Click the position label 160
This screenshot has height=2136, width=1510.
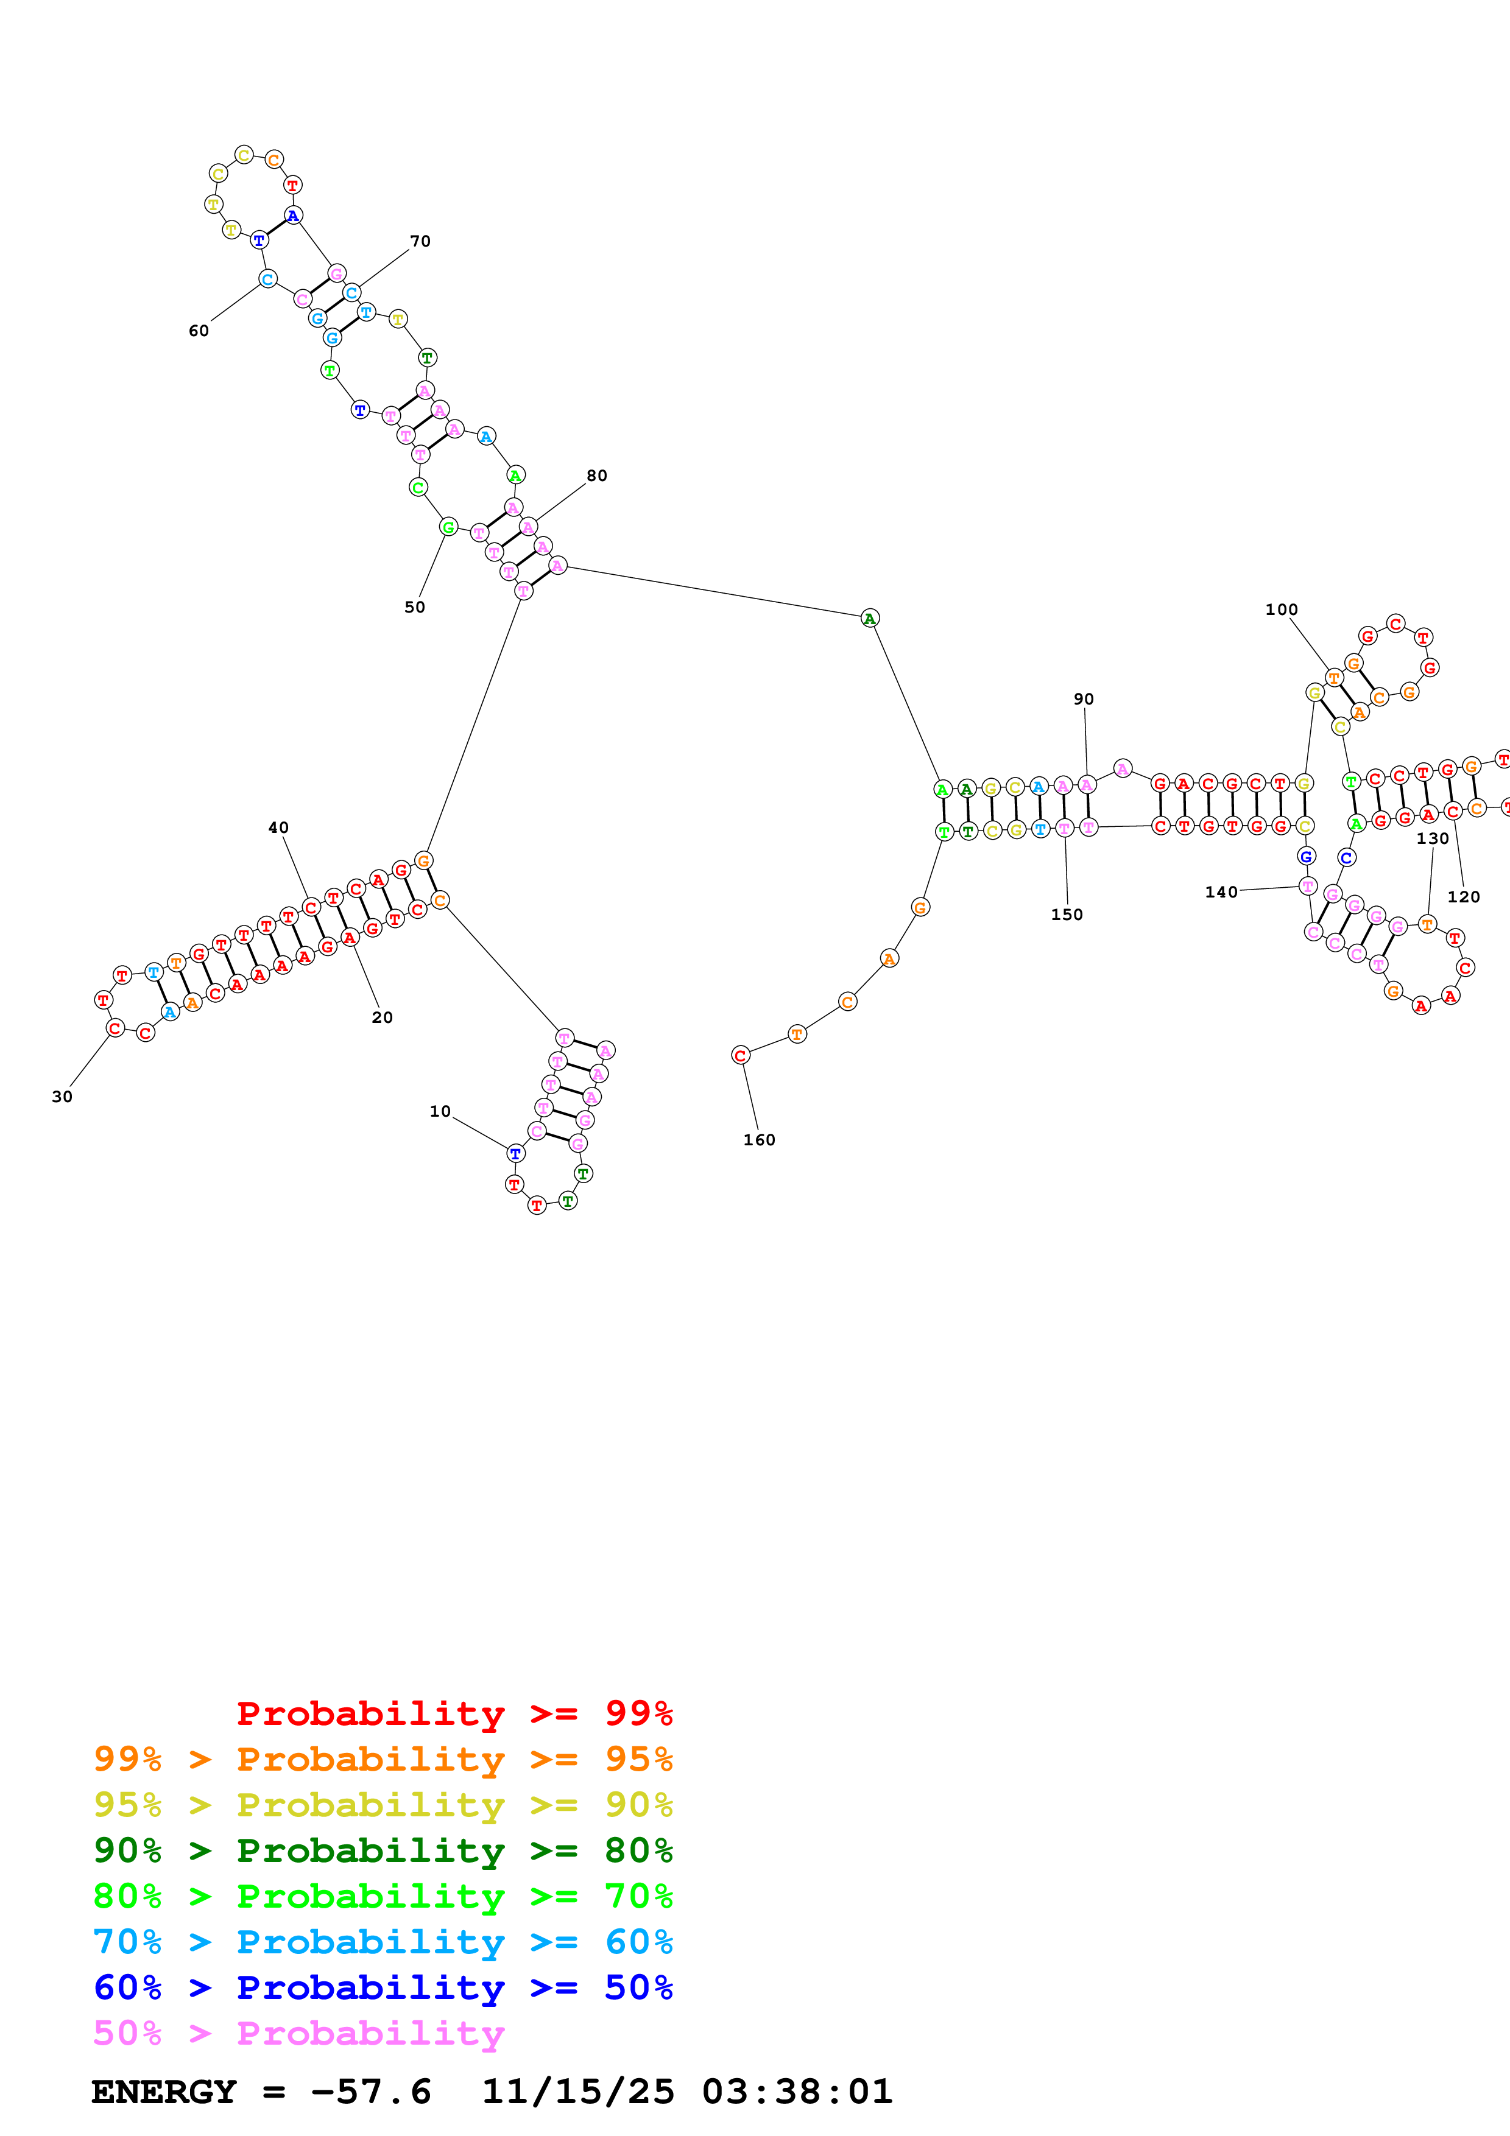758,1140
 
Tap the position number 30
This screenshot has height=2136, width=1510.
62,1097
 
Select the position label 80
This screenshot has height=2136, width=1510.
596,476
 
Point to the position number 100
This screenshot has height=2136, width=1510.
1281,610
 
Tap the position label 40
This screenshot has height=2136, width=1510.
278,827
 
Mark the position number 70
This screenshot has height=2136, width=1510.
420,241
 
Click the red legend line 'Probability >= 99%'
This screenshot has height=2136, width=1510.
454,1713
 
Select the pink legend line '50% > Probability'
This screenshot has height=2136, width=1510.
298,2032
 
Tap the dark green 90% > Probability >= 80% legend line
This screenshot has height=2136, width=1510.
383,1850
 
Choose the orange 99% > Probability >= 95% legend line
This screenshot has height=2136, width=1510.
383,1759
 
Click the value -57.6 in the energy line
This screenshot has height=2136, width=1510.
371,2092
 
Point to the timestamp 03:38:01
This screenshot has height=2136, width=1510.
796,2092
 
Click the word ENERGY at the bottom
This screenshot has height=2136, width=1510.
164,2092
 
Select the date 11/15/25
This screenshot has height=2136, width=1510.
578,2092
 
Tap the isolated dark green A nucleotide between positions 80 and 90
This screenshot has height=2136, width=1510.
869,619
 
